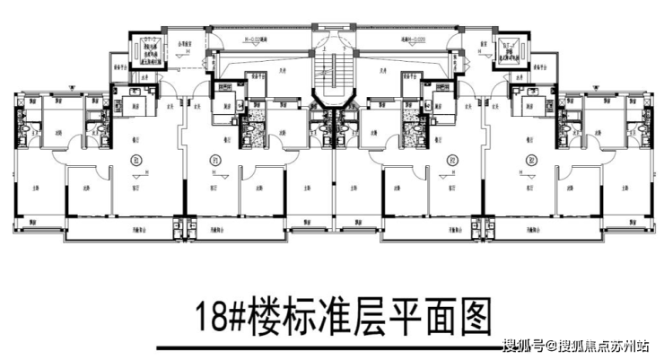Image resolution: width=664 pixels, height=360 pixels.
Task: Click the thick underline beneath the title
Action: (331, 346)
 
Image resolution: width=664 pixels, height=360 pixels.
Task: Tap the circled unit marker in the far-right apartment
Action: (529, 162)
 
